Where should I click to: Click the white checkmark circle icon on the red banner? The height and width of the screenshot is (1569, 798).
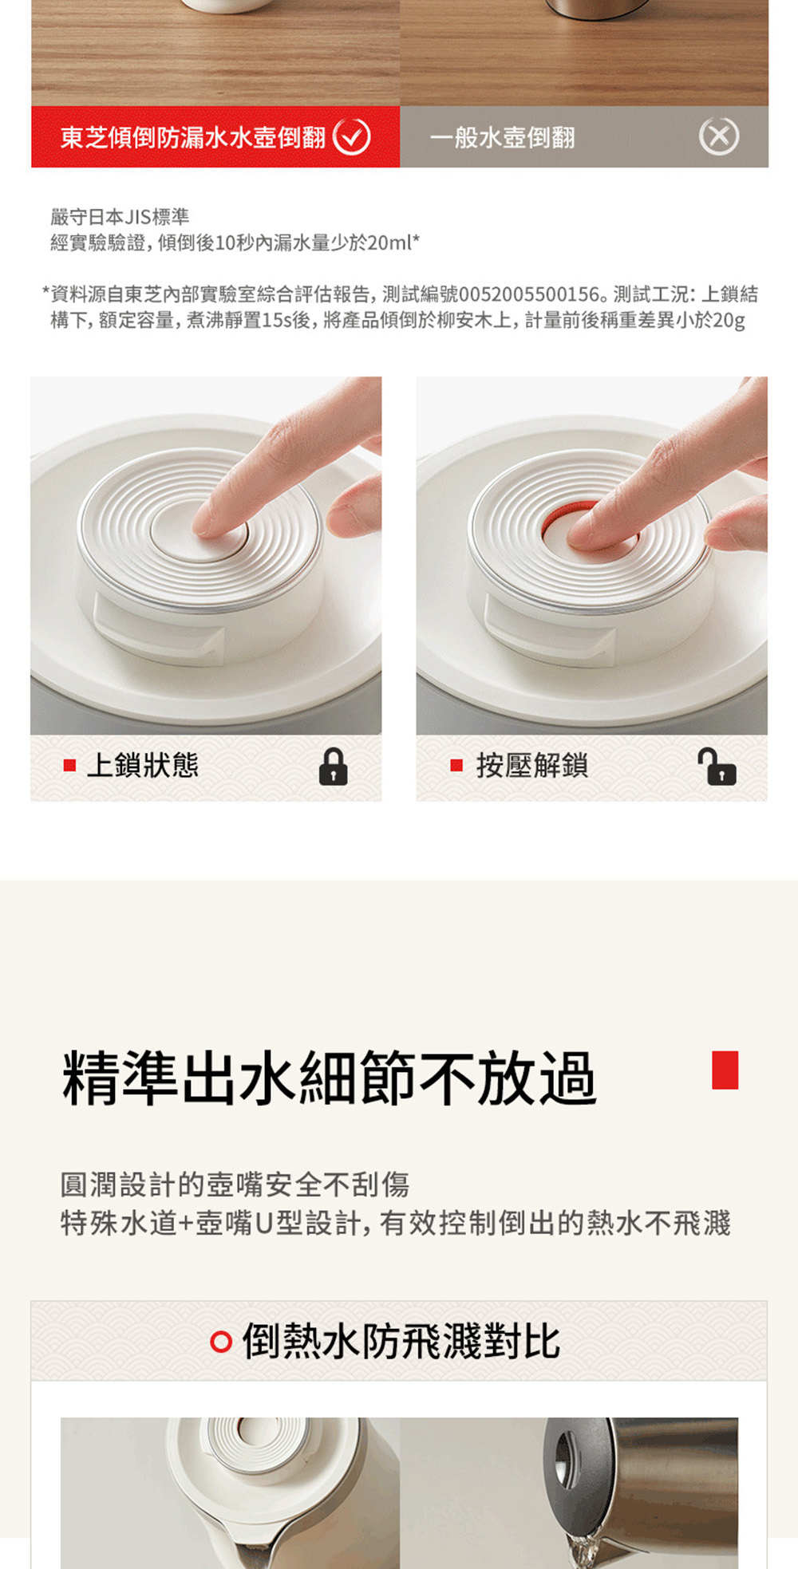(351, 137)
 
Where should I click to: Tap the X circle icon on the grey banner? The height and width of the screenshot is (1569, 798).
(719, 137)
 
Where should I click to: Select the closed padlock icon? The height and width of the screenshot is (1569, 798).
(333, 767)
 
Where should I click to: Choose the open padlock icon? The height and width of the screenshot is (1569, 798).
(717, 767)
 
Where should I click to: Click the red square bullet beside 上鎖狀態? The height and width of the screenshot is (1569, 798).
(69, 766)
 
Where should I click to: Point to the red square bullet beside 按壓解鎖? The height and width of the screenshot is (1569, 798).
(456, 766)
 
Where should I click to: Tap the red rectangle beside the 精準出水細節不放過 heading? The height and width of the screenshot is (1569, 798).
(725, 1070)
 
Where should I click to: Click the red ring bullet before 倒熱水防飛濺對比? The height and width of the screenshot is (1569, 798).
(221, 1342)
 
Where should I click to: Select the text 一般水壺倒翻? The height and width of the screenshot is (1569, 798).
(503, 138)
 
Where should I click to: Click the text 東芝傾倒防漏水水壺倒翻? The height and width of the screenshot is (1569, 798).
(193, 138)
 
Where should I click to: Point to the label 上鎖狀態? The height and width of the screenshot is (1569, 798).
(143, 766)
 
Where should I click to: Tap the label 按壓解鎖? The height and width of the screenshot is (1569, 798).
(532, 766)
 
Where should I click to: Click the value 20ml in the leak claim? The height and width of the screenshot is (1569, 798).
(389, 242)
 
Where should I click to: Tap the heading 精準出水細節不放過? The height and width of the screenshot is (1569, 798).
(330, 1078)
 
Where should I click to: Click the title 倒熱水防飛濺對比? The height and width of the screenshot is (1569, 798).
(401, 1342)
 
